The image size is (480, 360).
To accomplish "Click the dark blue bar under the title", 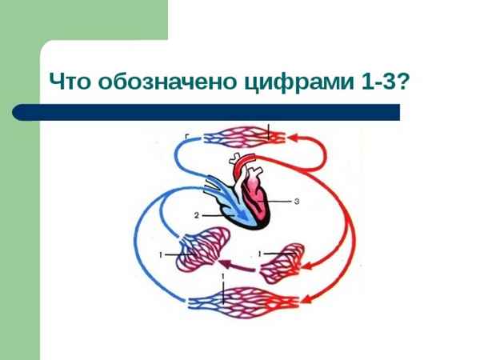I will coord(216,111).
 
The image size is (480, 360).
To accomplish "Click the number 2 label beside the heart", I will coord(195,214).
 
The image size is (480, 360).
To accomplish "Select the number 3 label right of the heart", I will coord(297,202).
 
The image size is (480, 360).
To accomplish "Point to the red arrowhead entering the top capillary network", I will coord(293,138).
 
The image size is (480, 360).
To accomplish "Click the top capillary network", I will coord(240,138).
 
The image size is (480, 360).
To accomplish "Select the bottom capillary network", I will coord(244,303).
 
